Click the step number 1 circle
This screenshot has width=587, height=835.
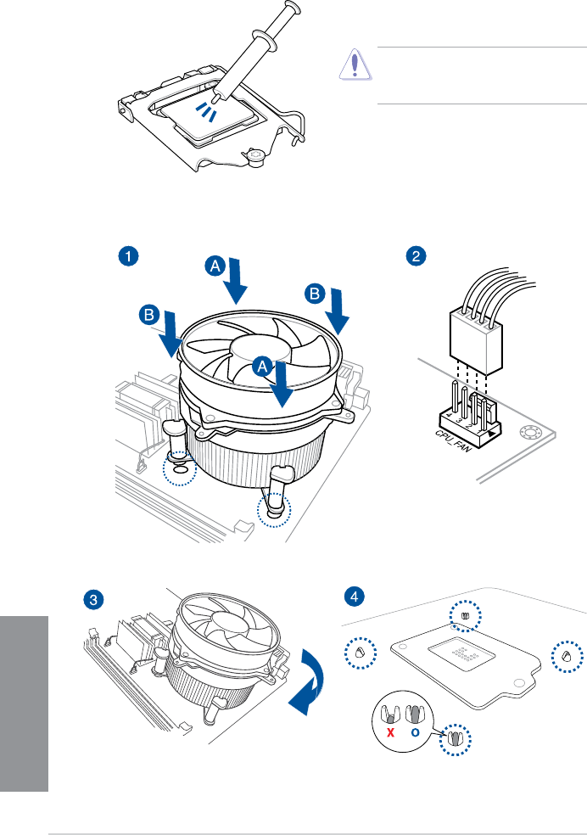point(128,255)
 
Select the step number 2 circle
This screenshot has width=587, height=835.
point(415,255)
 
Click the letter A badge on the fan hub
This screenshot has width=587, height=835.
point(263,367)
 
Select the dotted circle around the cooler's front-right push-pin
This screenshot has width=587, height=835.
point(274,512)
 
